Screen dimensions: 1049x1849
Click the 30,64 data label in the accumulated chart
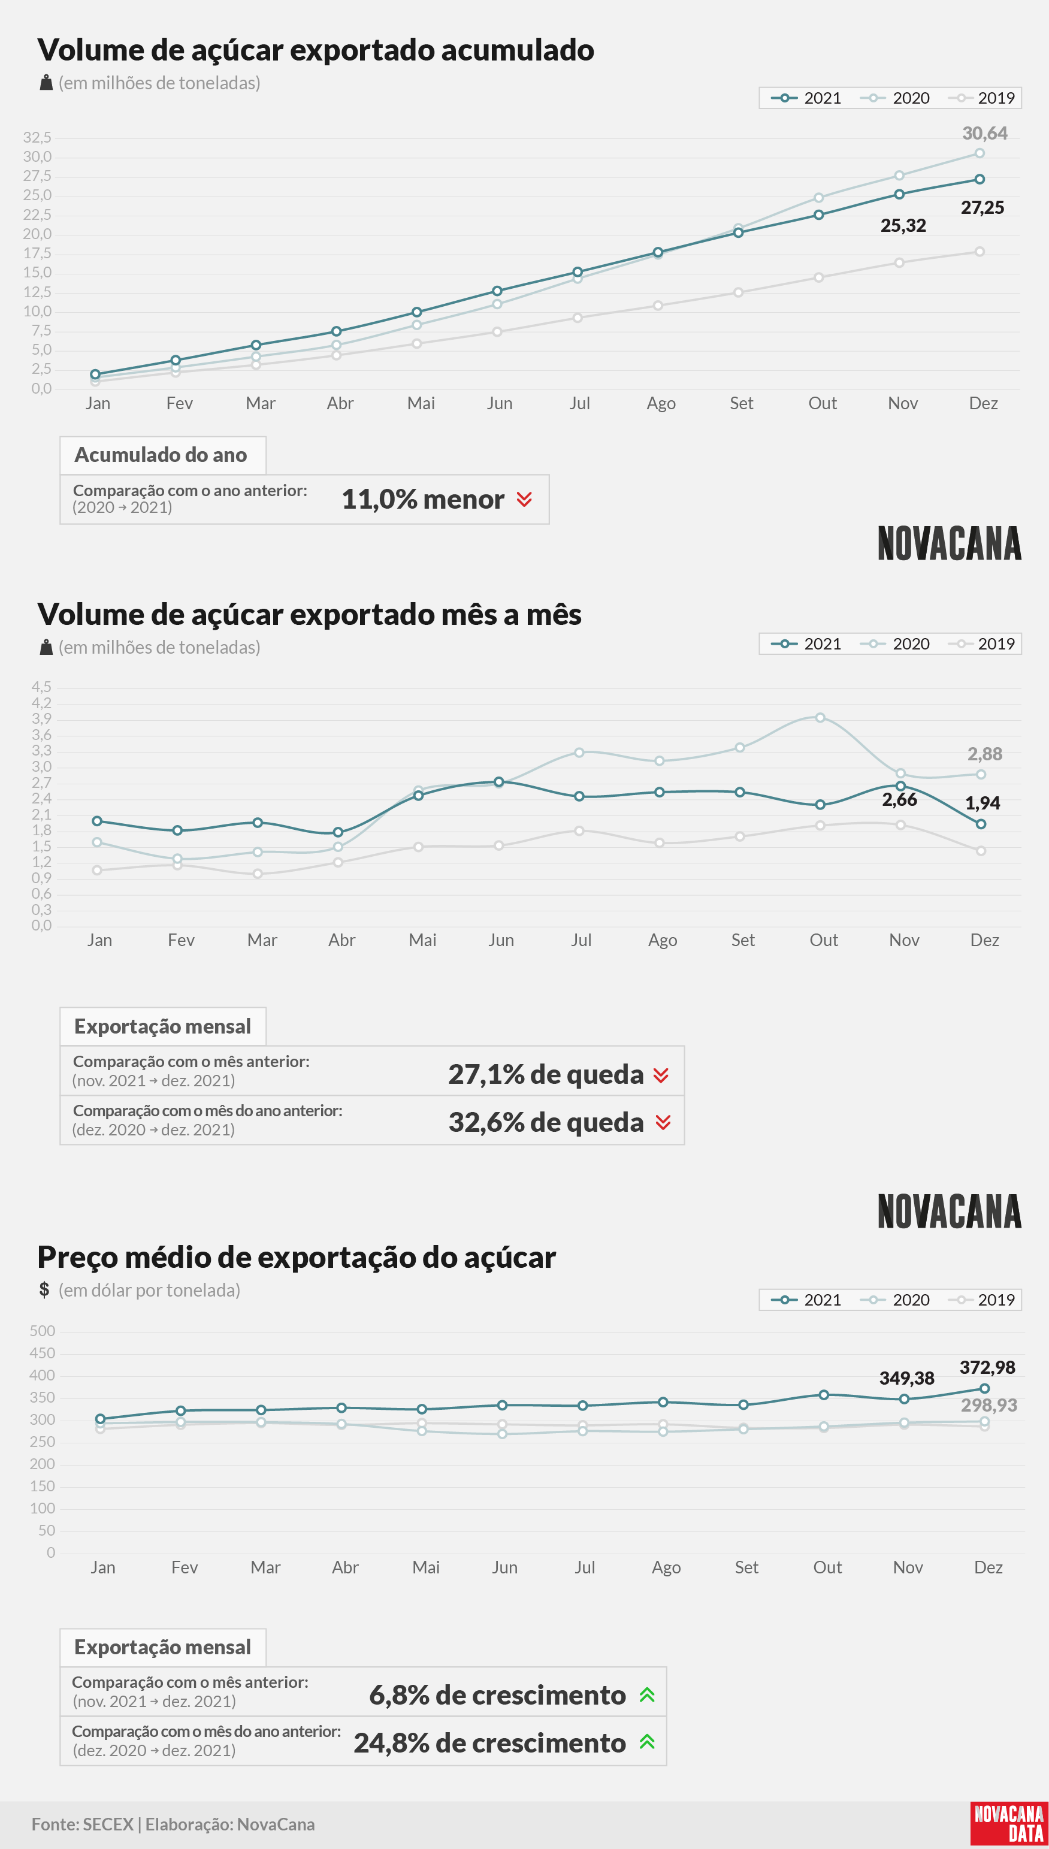985,133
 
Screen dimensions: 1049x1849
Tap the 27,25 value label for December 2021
982,207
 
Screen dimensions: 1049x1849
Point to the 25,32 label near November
903,225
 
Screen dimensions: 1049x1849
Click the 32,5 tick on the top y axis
38,137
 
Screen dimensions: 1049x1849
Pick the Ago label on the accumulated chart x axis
661,403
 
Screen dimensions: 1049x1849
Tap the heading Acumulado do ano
161,455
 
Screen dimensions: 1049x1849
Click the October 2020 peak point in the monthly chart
820,717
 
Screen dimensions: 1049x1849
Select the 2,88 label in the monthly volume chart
985,754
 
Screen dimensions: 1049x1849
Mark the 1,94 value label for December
983,803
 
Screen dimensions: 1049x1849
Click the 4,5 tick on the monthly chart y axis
42,687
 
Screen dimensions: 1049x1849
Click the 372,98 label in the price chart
987,1368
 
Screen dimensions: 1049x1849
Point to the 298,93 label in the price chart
989,1405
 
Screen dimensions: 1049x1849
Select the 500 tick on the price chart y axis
43,1331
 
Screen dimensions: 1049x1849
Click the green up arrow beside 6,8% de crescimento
647,1695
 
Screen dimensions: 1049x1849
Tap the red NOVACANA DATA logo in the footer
1008,1823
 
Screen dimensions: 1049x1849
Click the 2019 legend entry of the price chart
982,1300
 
